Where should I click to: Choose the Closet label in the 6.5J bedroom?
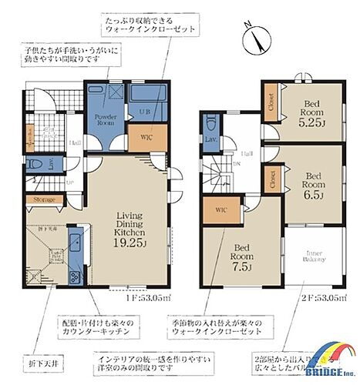pos(274,179)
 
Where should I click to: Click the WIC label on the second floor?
pos(219,209)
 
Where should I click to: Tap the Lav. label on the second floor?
pos(210,139)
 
